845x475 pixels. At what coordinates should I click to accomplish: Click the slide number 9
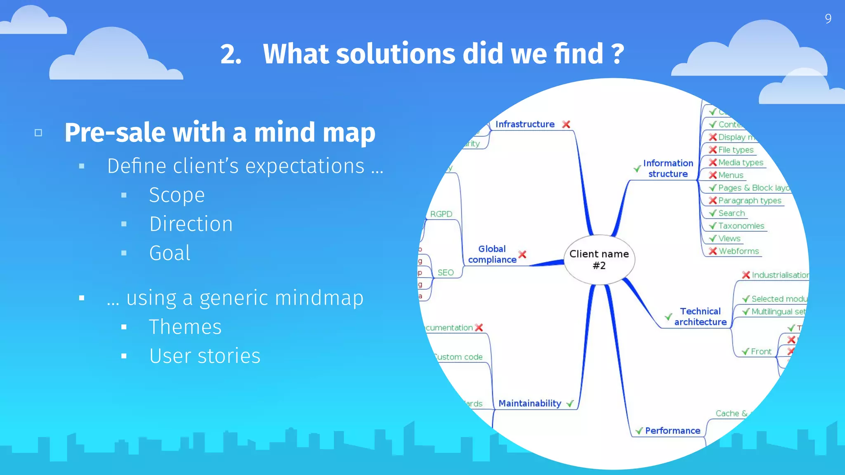pos(828,19)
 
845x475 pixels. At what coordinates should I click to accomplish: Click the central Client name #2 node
pos(599,260)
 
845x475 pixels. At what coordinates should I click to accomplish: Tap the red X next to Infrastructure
pos(566,124)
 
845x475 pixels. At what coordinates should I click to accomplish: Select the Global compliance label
pos(492,254)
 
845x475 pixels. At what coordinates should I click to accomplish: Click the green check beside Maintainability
pos(570,404)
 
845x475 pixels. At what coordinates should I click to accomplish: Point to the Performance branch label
pos(673,431)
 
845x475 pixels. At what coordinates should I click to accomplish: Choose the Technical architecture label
pos(700,317)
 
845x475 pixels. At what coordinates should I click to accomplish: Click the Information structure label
pos(668,169)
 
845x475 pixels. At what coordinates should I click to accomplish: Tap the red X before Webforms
pos(713,251)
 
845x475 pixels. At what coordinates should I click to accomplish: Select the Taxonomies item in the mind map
pos(741,226)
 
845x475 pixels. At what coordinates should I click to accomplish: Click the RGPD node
pos(441,214)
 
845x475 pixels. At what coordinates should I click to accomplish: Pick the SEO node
pos(446,273)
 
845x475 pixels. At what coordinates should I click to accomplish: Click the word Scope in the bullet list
pos(177,195)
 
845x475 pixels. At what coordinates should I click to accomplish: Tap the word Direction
pos(191,224)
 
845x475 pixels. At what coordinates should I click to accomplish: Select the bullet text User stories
pos(205,356)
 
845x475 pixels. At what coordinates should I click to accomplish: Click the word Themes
pos(185,327)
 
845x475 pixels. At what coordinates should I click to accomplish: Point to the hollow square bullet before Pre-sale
pos(38,133)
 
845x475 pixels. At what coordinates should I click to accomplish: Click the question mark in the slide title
pos(617,54)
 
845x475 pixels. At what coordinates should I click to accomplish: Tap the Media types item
pos(741,162)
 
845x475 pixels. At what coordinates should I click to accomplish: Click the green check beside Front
pos(745,352)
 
